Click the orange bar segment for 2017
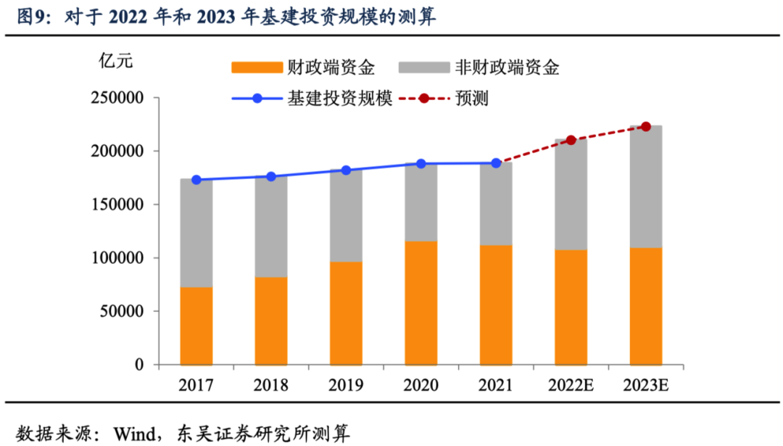pos(196,326)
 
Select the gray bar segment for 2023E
pos(645,187)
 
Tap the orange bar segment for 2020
pos(420,303)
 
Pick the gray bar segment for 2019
pos(346,216)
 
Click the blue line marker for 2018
pos(271,176)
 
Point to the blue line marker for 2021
pos(496,163)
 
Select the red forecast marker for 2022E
pos(571,140)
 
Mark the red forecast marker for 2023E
pos(646,126)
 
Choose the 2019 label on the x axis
pos(345,384)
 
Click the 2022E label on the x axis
pos(571,384)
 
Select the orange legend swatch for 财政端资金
pos(256,68)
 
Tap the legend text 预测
pos(471,98)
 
